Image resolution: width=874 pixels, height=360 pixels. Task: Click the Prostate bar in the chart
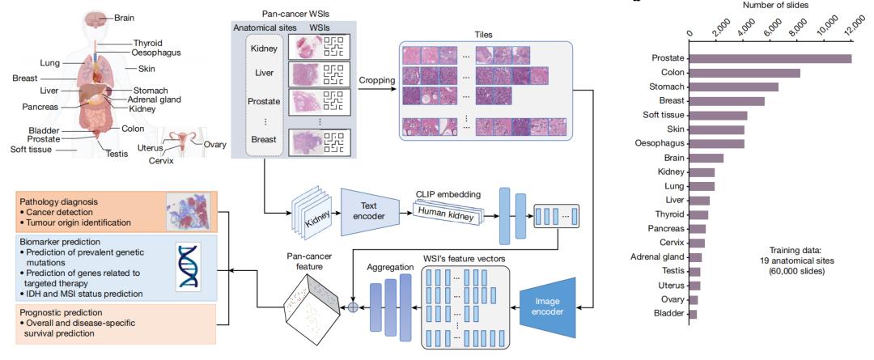pos(770,58)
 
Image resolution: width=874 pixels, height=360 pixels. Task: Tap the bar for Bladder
pos(693,314)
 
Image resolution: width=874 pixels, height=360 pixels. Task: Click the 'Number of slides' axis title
pos(768,5)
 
